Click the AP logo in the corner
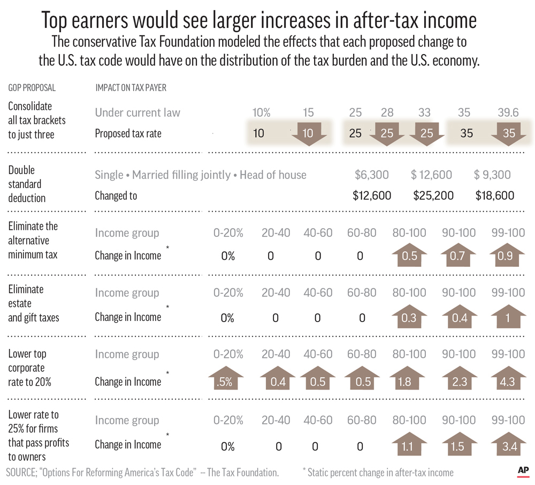(523, 470)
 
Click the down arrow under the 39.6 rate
(508, 134)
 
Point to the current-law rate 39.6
(508, 113)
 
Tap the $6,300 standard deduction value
(371, 175)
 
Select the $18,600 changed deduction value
(495, 196)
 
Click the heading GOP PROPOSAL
(32, 88)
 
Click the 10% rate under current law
(262, 113)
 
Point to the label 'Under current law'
(137, 113)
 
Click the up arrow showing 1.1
(409, 444)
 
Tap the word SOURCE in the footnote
(20, 473)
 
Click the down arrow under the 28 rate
(387, 134)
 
